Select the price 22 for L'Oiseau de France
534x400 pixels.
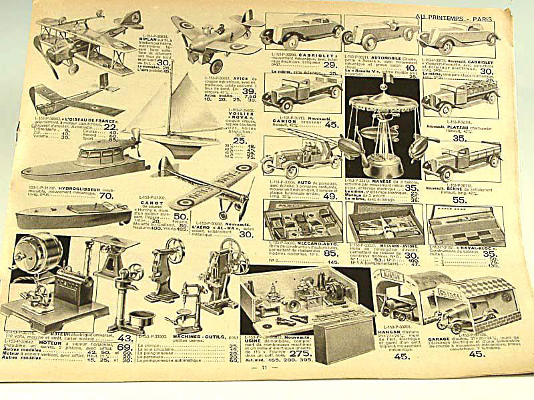[109, 127]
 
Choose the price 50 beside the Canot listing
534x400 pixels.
[181, 215]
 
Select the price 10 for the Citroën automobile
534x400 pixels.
[410, 68]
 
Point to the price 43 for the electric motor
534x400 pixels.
[124, 338]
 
